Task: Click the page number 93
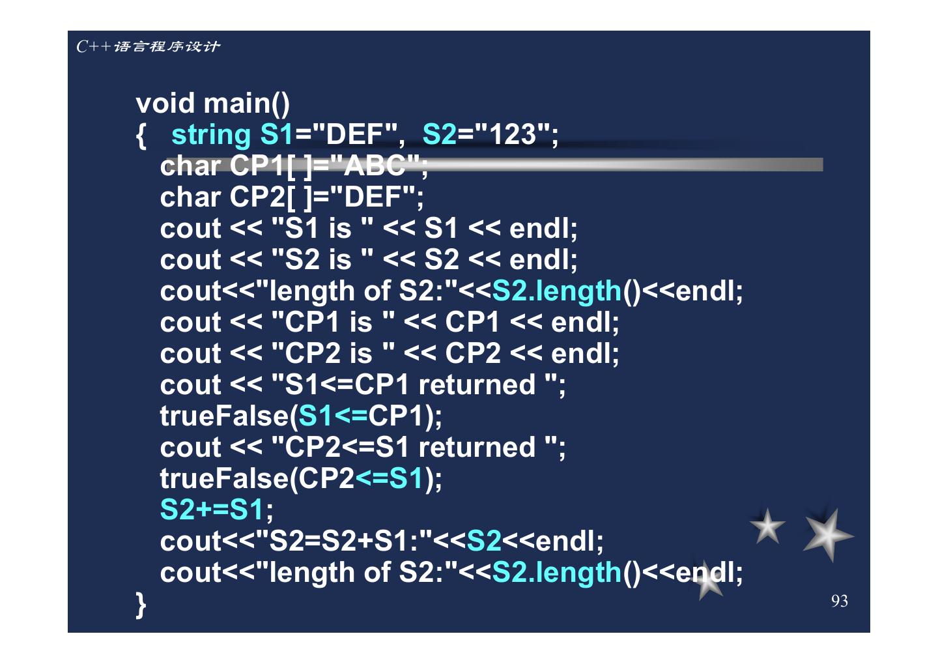point(839,601)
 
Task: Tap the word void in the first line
point(165,104)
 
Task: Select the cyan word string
point(210,135)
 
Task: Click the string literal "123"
point(513,135)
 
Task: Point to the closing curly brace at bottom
point(141,604)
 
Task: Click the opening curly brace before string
point(141,136)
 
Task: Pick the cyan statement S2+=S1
point(212,510)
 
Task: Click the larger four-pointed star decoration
point(827,535)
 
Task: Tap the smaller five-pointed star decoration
point(767,527)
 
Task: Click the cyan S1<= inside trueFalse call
point(333,416)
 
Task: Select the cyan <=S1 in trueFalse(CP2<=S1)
point(390,478)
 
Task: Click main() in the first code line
point(247,104)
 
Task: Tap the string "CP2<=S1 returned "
point(417,447)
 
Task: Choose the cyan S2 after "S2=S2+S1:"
point(484,541)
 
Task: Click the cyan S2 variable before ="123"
point(439,135)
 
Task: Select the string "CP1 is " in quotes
point(332,322)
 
